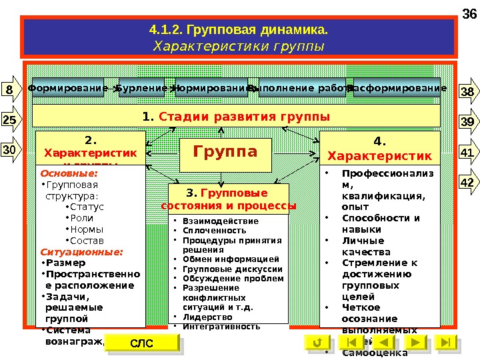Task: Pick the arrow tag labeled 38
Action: coord(467,92)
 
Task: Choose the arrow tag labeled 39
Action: coord(467,122)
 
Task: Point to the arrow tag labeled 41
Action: coord(467,153)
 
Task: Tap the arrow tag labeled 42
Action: coord(467,181)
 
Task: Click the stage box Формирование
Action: coord(68,89)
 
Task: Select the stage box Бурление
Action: coord(142,89)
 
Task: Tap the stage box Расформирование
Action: coord(397,89)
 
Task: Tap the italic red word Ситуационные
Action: coord(72,253)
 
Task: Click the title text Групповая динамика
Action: coord(239,31)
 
